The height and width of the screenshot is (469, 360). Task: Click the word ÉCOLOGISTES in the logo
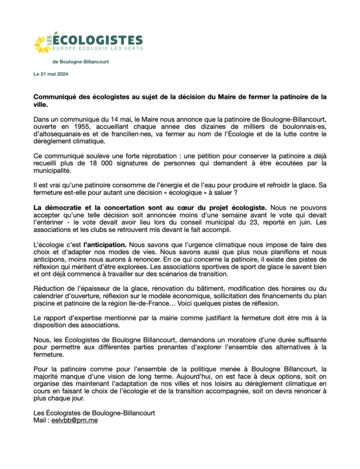pyautogui.click(x=100, y=40)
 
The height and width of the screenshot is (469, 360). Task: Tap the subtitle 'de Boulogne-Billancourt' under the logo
pyautogui.click(x=81, y=62)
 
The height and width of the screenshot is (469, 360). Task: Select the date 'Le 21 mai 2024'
pyautogui.click(x=51, y=74)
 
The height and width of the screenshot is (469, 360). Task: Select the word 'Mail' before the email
pyautogui.click(x=40, y=420)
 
